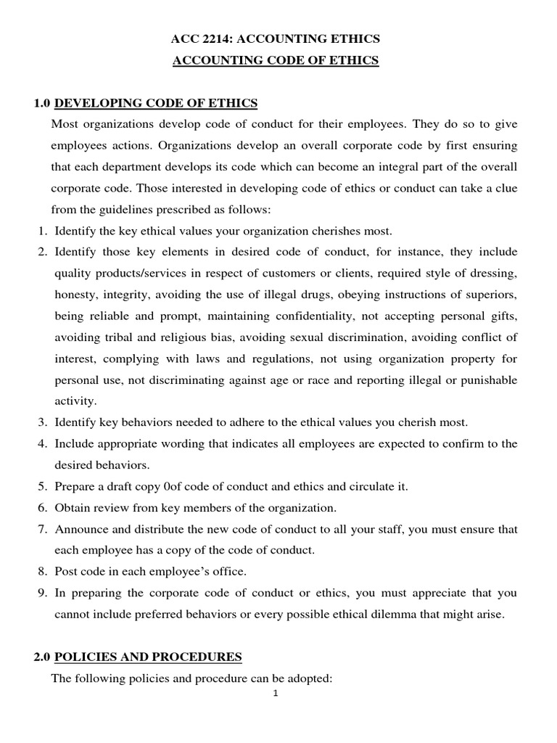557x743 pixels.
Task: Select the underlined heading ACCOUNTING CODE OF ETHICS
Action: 276,61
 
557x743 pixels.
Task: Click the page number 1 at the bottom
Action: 276,693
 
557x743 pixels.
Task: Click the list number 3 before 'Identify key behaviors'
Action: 42,422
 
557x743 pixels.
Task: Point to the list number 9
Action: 42,594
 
